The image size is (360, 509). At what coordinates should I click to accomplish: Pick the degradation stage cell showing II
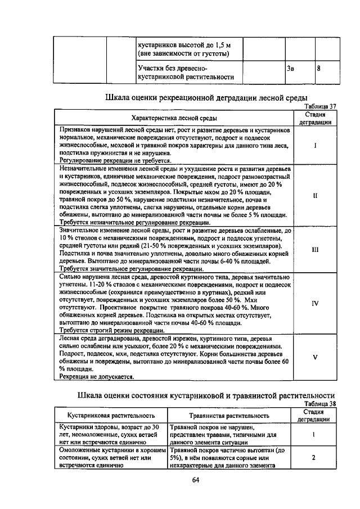pyautogui.click(x=315, y=196)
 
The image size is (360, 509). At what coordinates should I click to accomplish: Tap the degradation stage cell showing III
pyautogui.click(x=315, y=248)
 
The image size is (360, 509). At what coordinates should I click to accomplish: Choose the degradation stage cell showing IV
pyautogui.click(x=315, y=303)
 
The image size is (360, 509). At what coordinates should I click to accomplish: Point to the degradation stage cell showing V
pyautogui.click(x=315, y=357)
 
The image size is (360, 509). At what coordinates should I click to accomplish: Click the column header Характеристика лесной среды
pyautogui.click(x=173, y=118)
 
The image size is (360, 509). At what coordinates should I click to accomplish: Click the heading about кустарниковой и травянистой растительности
pyautogui.click(x=206, y=395)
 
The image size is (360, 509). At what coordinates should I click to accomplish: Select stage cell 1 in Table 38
pyautogui.click(x=314, y=434)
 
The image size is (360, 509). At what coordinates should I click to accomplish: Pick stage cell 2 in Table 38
pyautogui.click(x=314, y=458)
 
